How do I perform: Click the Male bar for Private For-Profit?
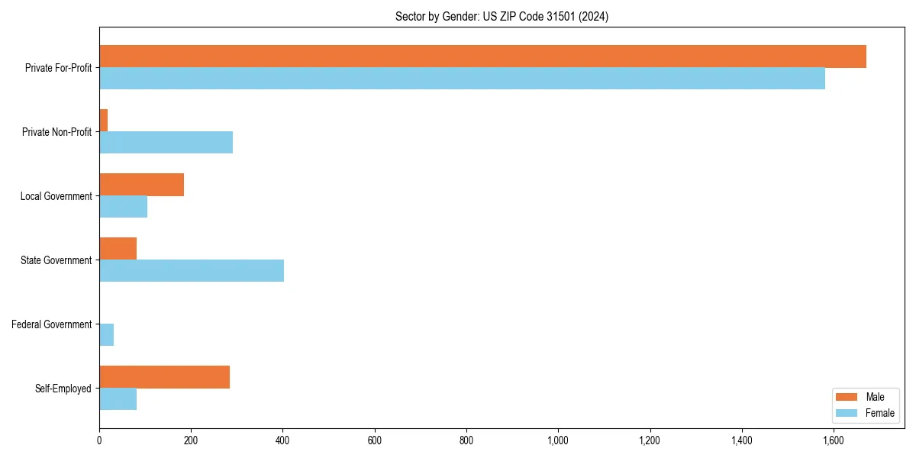pos(482,56)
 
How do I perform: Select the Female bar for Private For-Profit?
pos(462,79)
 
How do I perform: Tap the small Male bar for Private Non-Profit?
pos(104,121)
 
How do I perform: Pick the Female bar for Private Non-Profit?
pos(166,143)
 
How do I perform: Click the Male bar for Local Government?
pos(141,185)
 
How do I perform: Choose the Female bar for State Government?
pos(192,271)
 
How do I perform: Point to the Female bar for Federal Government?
pos(107,335)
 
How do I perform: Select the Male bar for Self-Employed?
pos(164,377)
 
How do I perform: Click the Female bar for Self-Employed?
pos(118,399)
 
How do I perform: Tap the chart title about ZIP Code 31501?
pos(502,16)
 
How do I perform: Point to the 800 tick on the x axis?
pos(466,440)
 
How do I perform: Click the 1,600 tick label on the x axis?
pos(834,440)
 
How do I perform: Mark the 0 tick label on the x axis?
pos(99,440)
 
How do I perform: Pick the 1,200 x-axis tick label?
pos(650,440)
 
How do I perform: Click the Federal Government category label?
pos(52,324)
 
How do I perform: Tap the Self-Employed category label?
pos(63,389)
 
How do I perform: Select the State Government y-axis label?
pos(56,260)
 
